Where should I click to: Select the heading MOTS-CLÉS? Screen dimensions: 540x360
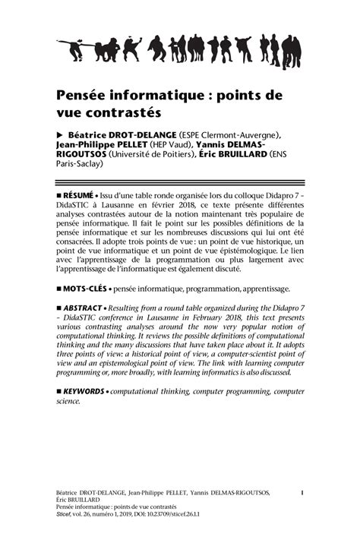[x=85, y=289]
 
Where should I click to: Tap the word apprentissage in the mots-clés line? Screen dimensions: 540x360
[x=261, y=289]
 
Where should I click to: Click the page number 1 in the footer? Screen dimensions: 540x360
[x=302, y=493]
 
